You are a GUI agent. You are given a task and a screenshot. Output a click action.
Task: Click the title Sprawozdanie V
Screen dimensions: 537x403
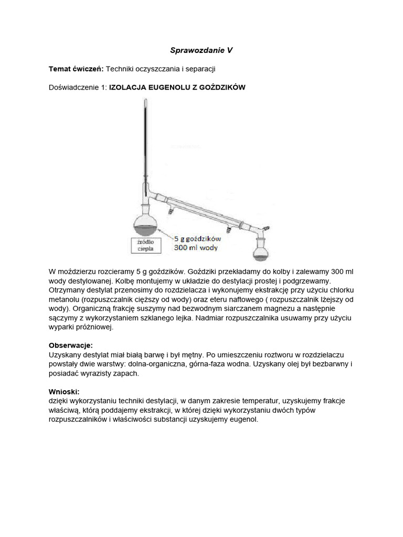click(201, 50)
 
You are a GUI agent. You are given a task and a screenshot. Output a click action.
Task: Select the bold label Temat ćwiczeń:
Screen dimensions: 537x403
click(76, 69)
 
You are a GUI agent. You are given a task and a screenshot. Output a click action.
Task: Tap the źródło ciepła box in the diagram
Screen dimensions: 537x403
click(145, 245)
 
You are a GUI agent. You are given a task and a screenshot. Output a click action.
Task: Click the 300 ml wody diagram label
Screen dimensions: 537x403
click(196, 248)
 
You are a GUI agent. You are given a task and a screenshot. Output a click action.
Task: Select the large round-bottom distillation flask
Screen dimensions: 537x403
click(145, 222)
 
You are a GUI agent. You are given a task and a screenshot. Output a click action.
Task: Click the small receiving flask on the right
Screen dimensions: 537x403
click(261, 251)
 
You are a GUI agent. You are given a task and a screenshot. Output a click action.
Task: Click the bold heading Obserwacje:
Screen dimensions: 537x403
click(70, 346)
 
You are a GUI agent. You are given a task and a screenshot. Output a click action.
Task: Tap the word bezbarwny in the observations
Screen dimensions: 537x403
click(325, 364)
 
